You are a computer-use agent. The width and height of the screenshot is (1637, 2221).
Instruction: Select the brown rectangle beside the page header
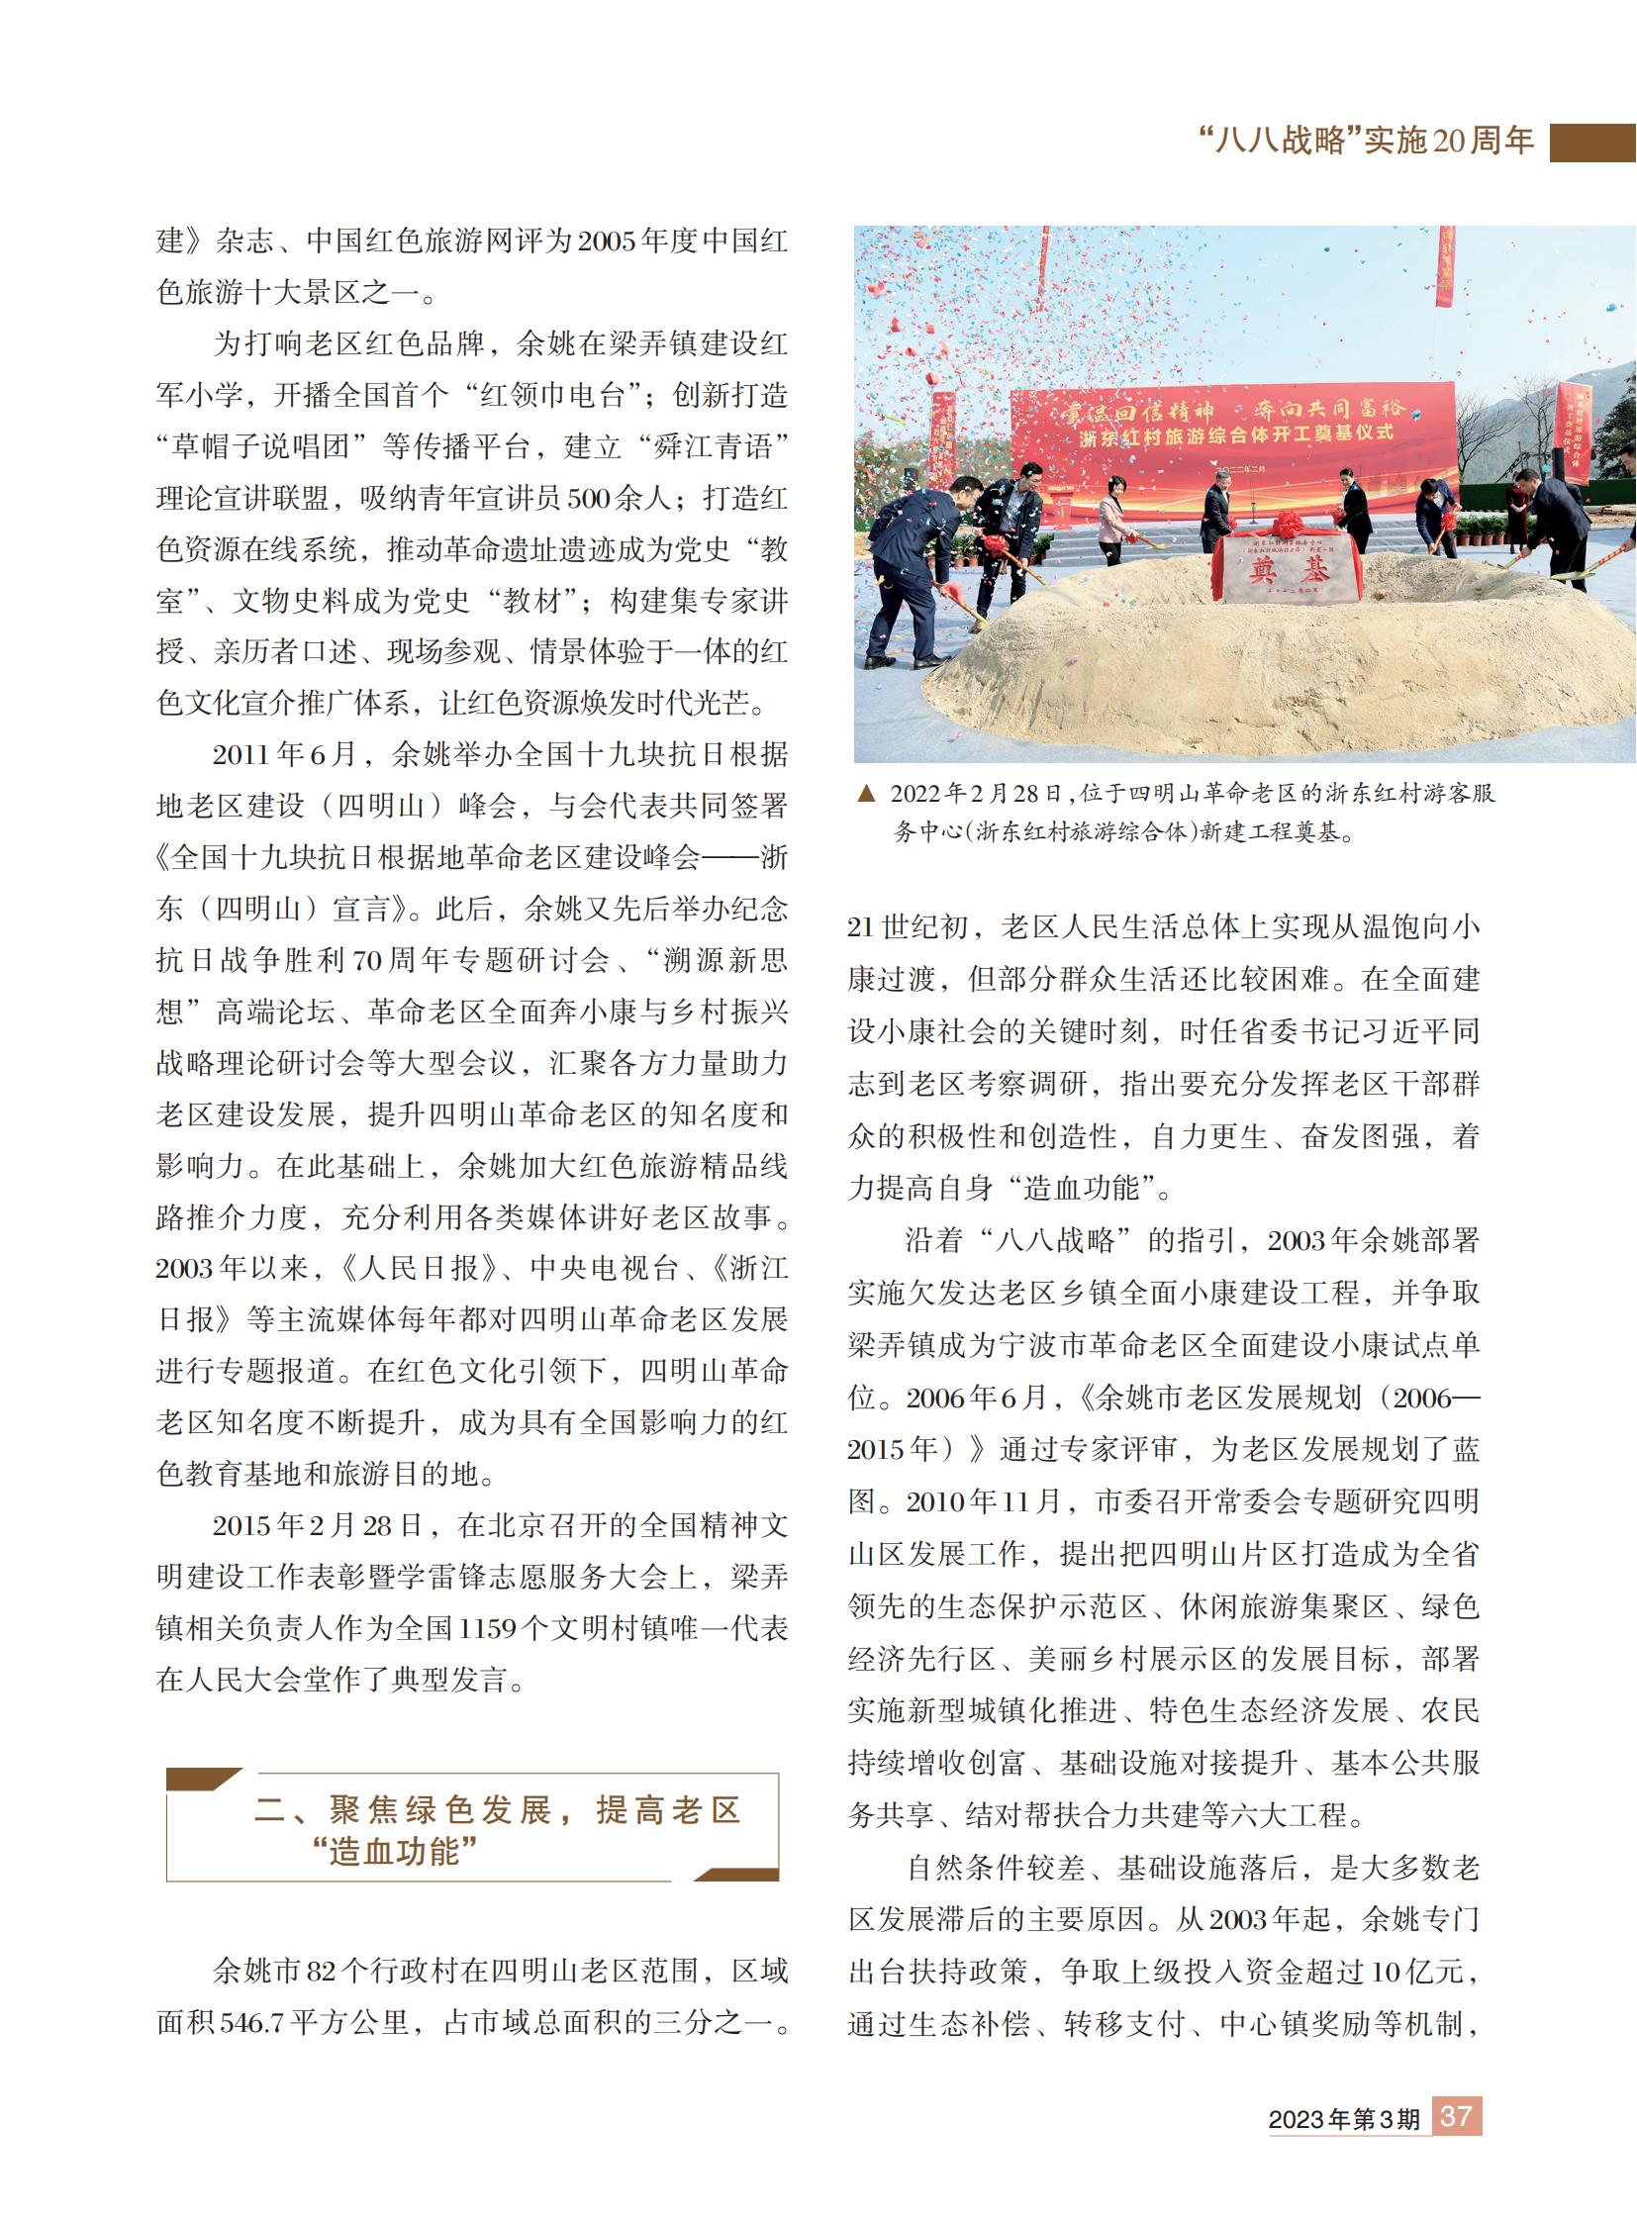[x=1592, y=142]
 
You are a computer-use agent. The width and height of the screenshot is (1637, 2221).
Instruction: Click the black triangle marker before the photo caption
[x=866, y=793]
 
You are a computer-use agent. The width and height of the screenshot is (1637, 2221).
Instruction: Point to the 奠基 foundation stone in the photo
[x=1288, y=568]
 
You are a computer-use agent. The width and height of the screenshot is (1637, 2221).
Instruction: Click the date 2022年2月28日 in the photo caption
[x=975, y=794]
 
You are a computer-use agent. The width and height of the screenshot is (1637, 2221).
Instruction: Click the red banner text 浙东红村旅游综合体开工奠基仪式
[x=1236, y=434]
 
